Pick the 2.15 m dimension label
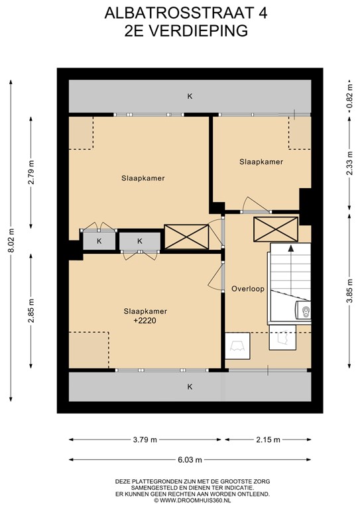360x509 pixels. point(268,440)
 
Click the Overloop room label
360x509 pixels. point(248,288)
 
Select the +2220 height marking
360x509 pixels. point(144,322)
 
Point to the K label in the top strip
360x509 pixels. point(190,97)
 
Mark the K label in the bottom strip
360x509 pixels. point(190,386)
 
